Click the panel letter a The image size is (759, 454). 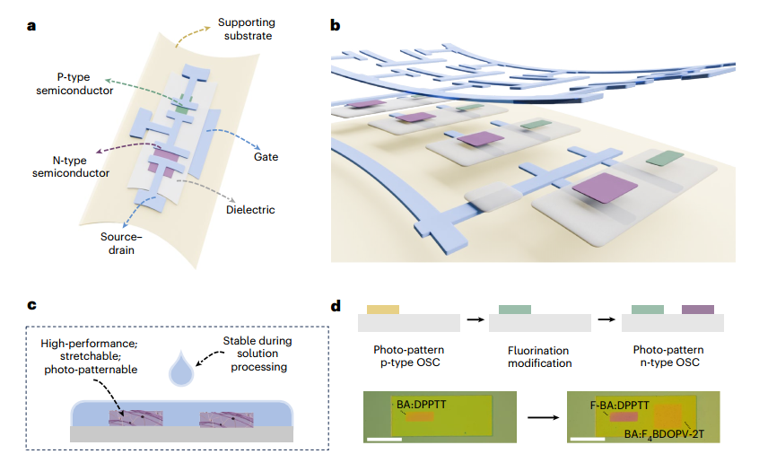pos(31,25)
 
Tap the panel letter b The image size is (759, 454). pos(336,25)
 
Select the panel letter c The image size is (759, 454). pos(31,305)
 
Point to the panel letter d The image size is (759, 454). pos(336,305)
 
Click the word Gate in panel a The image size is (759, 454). pos(266,157)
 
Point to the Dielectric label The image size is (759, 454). pos(250,210)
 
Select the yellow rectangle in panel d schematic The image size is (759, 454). pos(383,309)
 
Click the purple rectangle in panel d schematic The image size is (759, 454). pos(697,309)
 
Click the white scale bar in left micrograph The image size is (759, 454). pos(385,439)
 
